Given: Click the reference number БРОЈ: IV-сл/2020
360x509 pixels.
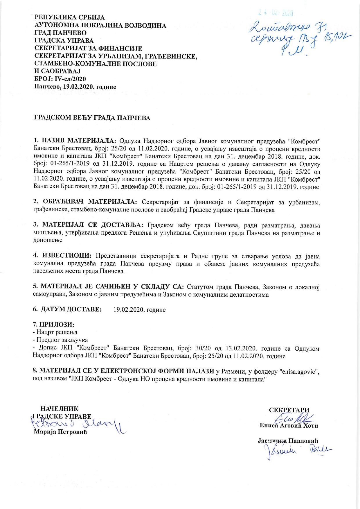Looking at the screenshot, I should tap(60, 79).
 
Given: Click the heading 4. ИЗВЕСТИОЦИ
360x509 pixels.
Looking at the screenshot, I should tap(62, 256).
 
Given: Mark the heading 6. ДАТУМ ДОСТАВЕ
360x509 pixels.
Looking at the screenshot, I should tap(67, 309).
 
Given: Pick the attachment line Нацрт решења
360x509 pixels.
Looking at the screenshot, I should tap(56, 332).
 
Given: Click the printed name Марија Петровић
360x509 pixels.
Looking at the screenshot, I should tap(60, 432).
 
